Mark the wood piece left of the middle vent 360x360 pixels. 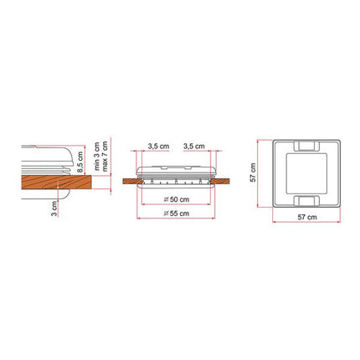(x=131, y=178)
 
